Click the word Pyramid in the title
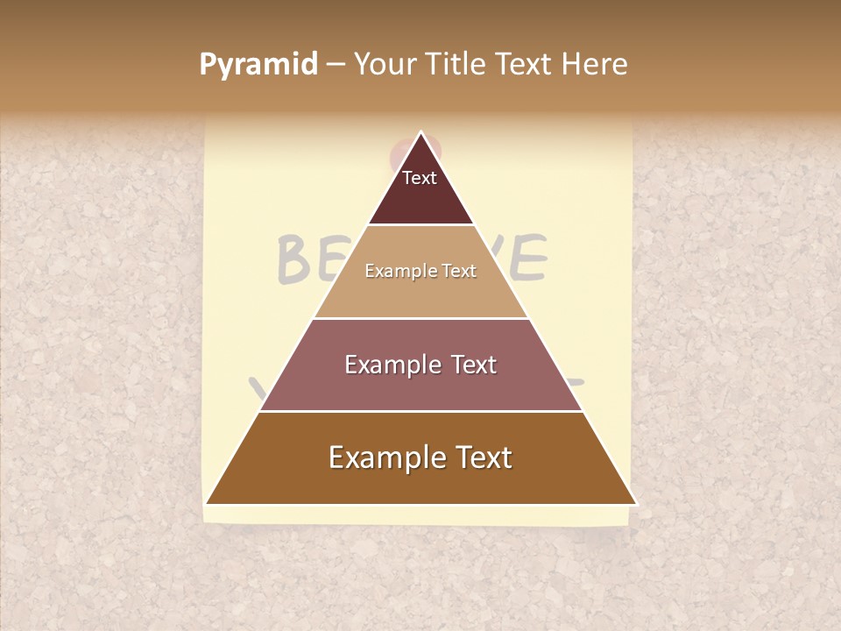(258, 64)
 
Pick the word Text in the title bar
(525, 64)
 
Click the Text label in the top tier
(420, 178)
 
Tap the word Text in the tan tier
(460, 271)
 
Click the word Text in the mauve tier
(473, 365)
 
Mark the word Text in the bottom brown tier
(484, 457)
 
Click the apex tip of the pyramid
(420, 132)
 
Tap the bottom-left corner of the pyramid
(207, 504)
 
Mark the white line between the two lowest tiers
(420, 411)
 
